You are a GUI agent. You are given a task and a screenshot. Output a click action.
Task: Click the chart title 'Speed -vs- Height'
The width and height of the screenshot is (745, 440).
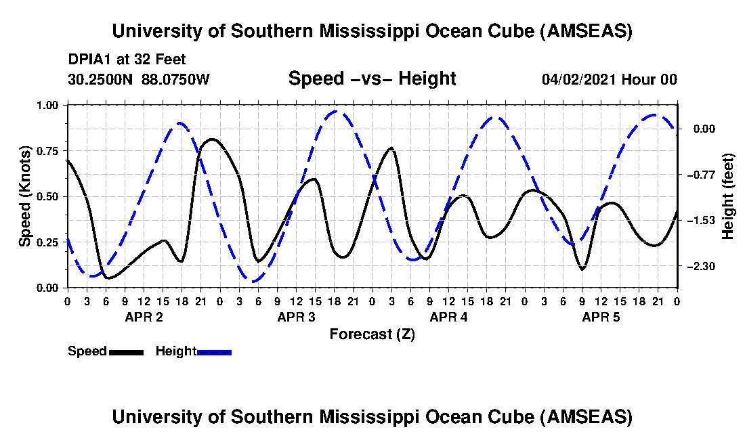(x=372, y=79)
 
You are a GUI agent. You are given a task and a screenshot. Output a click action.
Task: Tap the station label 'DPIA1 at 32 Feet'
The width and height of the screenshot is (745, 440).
(x=127, y=60)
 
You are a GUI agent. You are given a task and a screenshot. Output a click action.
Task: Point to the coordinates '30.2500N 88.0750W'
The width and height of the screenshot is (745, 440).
(x=139, y=79)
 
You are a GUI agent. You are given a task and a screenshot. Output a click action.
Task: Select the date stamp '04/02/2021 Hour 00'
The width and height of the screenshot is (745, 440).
(x=610, y=79)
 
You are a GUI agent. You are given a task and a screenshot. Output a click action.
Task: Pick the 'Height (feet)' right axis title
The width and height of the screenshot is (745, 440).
(x=727, y=196)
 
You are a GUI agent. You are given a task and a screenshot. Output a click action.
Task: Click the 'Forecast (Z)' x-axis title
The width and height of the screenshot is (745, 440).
(x=372, y=334)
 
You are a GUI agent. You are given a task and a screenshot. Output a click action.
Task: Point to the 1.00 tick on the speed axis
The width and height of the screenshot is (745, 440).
(x=47, y=105)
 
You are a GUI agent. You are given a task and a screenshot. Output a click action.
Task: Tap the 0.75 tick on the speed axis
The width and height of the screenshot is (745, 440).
(x=47, y=151)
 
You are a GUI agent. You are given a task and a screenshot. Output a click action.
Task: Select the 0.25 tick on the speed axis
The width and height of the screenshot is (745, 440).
(x=47, y=242)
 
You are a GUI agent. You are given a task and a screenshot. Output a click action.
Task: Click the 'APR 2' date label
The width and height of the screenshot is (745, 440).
(x=144, y=317)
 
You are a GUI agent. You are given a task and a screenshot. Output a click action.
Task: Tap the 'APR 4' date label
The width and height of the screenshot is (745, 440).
(x=448, y=317)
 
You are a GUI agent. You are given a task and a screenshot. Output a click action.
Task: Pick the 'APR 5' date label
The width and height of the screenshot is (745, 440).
(x=601, y=317)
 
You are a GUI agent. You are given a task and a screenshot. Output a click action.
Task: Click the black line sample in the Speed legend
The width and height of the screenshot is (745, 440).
(x=126, y=352)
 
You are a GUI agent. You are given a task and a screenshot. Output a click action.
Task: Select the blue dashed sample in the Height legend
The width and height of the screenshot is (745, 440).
(x=214, y=352)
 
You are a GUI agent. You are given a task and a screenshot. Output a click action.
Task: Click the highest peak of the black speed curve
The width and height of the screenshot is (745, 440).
(x=211, y=139)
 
